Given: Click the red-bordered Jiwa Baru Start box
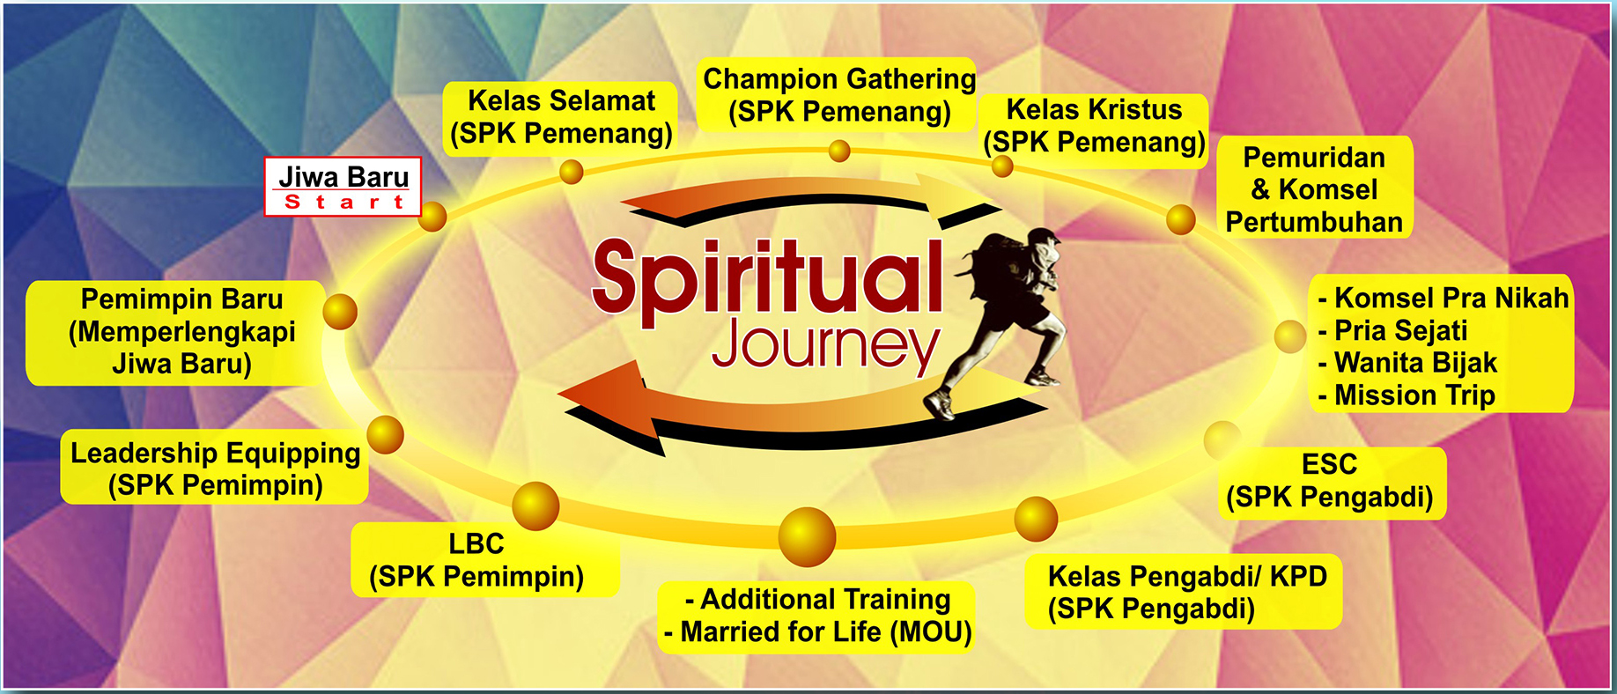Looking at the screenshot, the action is pyautogui.click(x=343, y=187).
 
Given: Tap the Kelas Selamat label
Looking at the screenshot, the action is pyautogui.click(x=560, y=118).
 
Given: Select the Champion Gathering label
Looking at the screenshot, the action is pyautogui.click(x=838, y=95).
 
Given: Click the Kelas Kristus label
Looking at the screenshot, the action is pyautogui.click(x=1094, y=126).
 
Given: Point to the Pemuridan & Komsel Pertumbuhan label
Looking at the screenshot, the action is pyautogui.click(x=1314, y=188).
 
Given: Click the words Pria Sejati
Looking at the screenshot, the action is pyautogui.click(x=1400, y=330).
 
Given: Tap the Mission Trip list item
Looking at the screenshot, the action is pyautogui.click(x=1407, y=395).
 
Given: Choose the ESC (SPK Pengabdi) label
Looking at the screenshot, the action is pyautogui.click(x=1330, y=482).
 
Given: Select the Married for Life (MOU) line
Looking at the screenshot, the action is pyautogui.click(x=817, y=632).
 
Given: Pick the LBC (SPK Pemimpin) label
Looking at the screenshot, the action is pyautogui.click(x=476, y=560).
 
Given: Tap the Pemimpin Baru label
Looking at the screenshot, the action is pyautogui.click(x=181, y=332).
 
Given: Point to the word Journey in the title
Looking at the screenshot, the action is pyautogui.click(x=826, y=344).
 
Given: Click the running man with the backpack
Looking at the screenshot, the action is pyautogui.click(x=1004, y=317).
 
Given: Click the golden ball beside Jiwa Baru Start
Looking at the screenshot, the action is pyautogui.click(x=432, y=217).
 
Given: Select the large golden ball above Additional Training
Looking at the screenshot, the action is pyautogui.click(x=807, y=536).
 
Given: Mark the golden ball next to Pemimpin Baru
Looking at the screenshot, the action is pyautogui.click(x=340, y=312).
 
